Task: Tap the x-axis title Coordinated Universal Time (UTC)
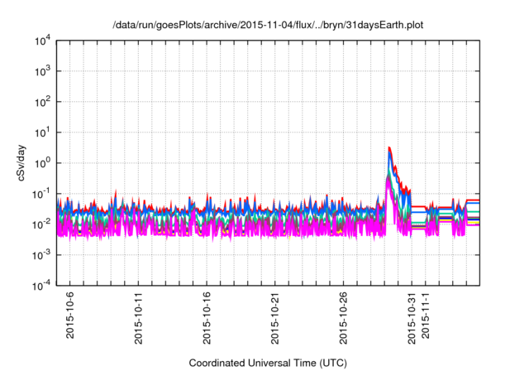point(268,363)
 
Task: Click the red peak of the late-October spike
point(389,147)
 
